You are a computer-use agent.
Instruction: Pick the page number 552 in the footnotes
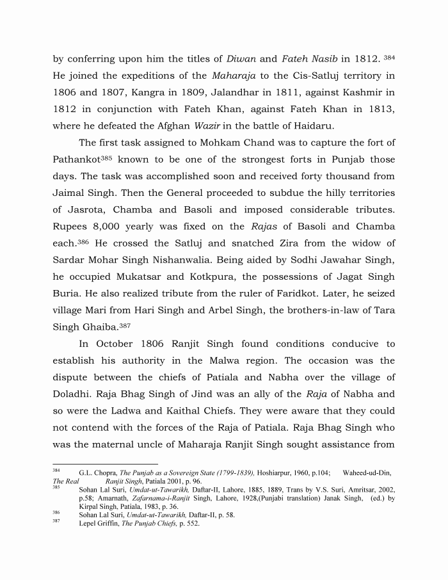tap(191, 523)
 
